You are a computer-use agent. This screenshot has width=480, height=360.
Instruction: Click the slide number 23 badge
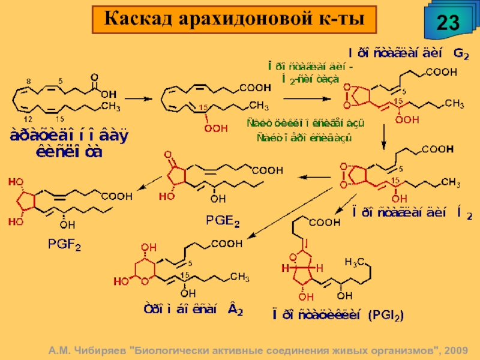(x=448, y=22)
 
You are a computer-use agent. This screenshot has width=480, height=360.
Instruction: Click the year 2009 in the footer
(x=458, y=350)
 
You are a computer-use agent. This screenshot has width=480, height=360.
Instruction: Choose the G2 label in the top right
(x=461, y=53)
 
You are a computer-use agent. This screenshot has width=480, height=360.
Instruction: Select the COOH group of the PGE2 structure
(x=267, y=170)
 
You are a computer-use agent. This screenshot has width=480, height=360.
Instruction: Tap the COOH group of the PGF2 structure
(x=118, y=196)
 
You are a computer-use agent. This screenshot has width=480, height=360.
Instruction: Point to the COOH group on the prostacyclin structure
(x=324, y=223)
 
